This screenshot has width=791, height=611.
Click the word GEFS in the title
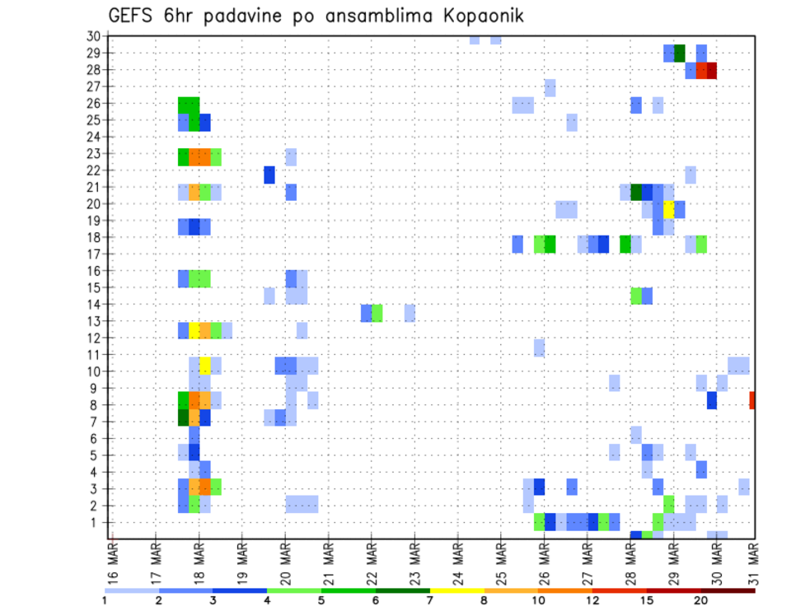(133, 16)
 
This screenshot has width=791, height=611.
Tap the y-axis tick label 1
(96, 522)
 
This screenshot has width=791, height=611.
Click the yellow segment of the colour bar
(456, 590)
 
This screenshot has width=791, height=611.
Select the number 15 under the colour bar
(647, 601)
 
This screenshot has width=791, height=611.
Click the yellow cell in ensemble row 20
(669, 209)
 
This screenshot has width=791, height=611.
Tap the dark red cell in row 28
(712, 71)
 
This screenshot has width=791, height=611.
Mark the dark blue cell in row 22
(269, 175)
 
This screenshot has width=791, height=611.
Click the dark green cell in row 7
(184, 417)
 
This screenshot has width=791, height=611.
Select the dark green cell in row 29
(680, 54)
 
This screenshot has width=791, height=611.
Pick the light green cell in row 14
(377, 313)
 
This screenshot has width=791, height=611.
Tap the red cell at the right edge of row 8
(752, 400)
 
